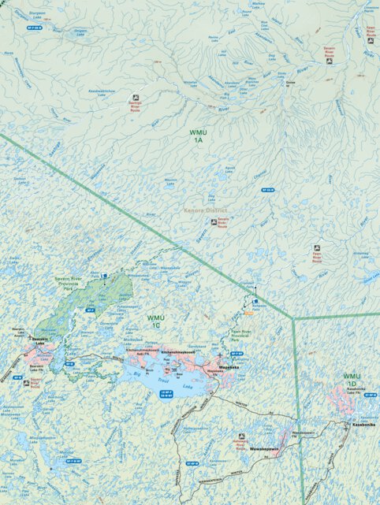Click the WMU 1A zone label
click(x=197, y=135)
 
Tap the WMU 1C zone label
click(x=155, y=321)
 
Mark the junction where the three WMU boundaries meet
click(x=293, y=319)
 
